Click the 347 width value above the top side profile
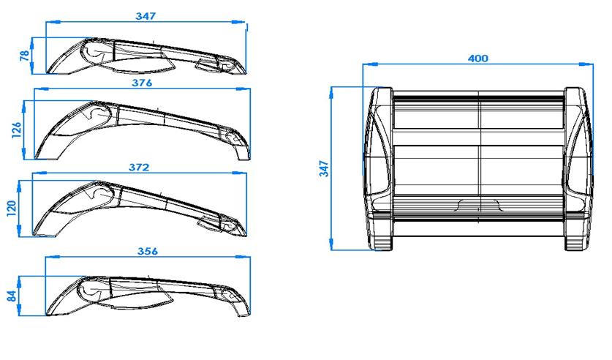146,15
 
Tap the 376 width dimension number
141,83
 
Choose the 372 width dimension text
139,167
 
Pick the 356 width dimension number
147,250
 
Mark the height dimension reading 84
10,296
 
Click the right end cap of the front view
577,168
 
